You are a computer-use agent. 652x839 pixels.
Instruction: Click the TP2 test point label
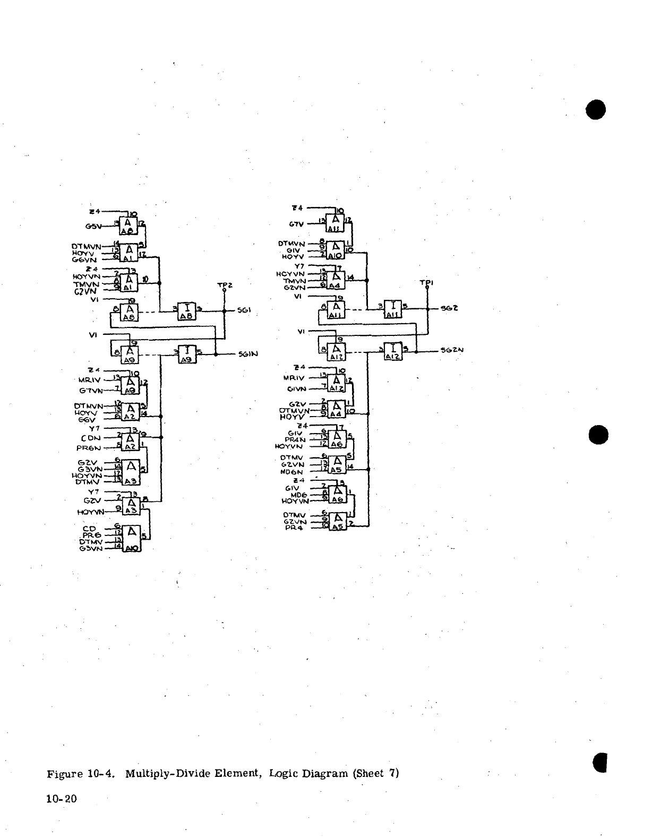225,285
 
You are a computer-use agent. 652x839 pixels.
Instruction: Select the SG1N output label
248,354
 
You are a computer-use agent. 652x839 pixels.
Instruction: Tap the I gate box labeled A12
393,351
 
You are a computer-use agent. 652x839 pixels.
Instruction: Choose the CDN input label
91,438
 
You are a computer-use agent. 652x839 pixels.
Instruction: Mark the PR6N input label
89,447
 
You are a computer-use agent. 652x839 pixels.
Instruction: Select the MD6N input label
292,471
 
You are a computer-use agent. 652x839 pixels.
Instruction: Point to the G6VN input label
85,260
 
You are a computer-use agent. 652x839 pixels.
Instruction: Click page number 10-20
63,798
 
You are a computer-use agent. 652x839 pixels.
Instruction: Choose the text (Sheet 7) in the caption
375,773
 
